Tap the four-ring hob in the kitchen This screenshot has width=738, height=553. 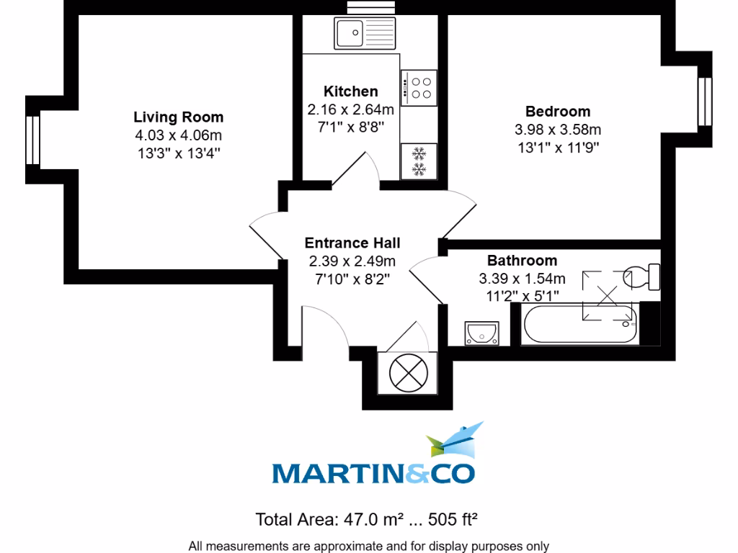(419, 87)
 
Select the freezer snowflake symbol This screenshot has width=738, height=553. (418, 161)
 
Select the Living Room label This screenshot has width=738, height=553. (178, 117)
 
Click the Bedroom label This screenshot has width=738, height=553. (557, 111)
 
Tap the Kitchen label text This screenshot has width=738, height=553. (350, 91)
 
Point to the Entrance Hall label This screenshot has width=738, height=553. (352, 243)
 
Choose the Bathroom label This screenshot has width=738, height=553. (522, 260)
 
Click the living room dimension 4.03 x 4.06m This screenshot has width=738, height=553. (178, 135)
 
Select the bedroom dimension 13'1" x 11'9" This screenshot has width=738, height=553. (557, 147)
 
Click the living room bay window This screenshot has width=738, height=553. (31, 140)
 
